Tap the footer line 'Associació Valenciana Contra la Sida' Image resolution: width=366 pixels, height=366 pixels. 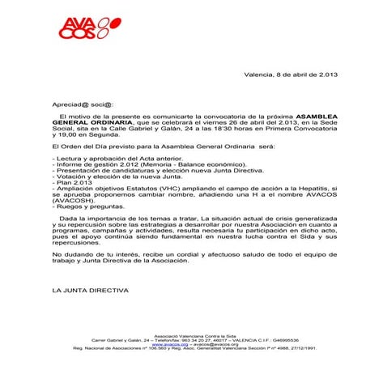pyautogui.click(x=183, y=334)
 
